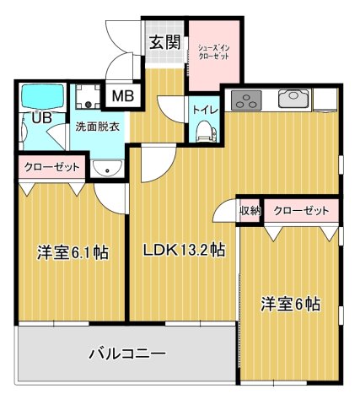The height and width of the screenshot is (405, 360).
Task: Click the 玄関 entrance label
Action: [165, 42]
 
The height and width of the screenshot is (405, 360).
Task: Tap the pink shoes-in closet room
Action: [213, 59]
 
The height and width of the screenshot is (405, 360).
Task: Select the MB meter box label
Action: [122, 96]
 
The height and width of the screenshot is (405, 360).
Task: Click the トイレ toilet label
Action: [203, 110]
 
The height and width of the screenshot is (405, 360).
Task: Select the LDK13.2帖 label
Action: [183, 250]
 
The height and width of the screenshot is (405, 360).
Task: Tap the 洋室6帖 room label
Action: [289, 304]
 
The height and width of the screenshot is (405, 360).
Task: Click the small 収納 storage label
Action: [249, 211]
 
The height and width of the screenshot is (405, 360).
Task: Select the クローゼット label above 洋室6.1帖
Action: [51, 167]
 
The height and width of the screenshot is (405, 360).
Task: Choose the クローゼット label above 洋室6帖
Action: [300, 211]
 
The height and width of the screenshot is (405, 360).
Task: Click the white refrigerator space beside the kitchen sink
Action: [326, 99]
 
